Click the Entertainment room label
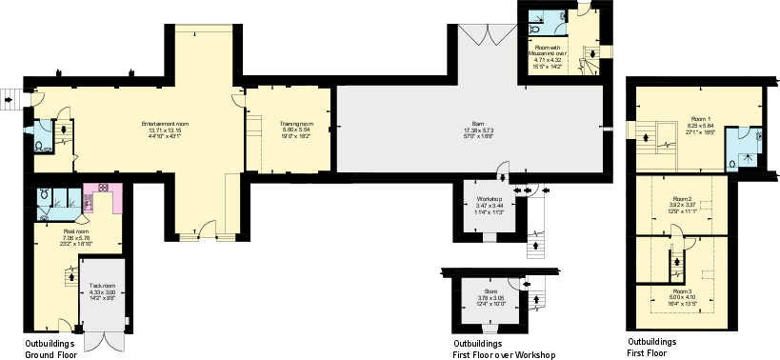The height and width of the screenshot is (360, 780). click(x=165, y=124)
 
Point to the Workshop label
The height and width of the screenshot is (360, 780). click(x=489, y=199)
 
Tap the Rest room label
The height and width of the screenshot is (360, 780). click(x=63, y=229)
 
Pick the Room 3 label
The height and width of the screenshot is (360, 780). click(x=682, y=290)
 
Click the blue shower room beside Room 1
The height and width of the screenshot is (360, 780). click(x=742, y=148)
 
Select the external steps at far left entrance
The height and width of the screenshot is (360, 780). click(x=10, y=98)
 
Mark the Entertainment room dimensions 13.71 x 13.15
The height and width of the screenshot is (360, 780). click(x=165, y=130)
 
